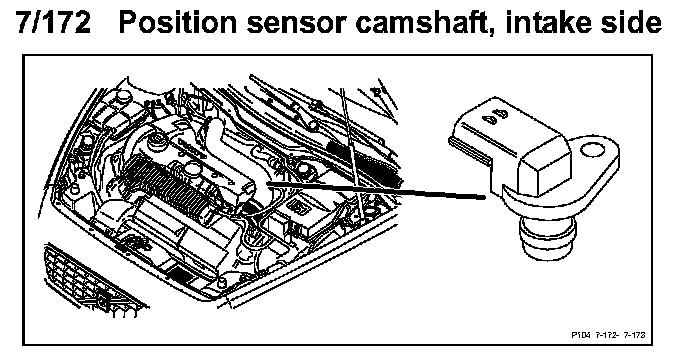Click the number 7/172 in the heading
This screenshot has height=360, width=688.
(53, 22)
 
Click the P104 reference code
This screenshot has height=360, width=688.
(581, 335)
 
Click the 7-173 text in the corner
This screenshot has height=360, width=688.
(635, 335)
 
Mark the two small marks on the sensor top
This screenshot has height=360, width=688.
(495, 116)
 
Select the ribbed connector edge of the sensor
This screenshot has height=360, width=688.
(469, 150)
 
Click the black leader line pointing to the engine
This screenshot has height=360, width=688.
(376, 190)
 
